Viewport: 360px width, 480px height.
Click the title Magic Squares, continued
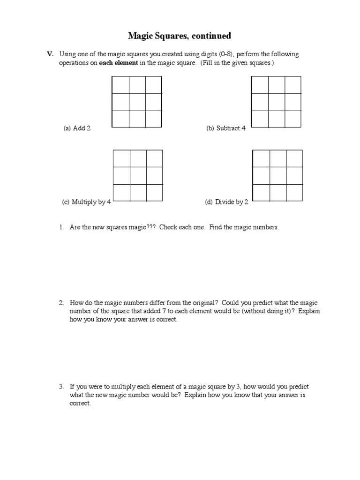point(180,36)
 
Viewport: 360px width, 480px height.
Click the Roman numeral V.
point(50,54)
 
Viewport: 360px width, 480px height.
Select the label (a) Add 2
point(77,128)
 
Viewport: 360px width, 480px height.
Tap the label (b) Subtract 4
point(226,128)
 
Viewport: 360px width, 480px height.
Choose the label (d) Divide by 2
point(226,202)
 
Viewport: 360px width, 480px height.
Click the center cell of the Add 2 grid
point(137,102)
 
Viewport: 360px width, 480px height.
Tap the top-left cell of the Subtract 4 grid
point(260,85)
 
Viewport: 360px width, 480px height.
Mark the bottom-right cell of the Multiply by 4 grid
point(154,193)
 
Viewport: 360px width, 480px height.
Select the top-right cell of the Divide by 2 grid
point(294,158)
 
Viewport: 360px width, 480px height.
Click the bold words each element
point(118,63)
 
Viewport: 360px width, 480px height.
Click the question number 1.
point(61,227)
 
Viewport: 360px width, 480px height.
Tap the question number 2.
point(61,303)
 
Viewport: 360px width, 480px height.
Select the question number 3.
point(61,387)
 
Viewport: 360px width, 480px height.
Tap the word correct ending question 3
point(80,404)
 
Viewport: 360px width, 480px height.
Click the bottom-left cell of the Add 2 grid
point(120,119)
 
